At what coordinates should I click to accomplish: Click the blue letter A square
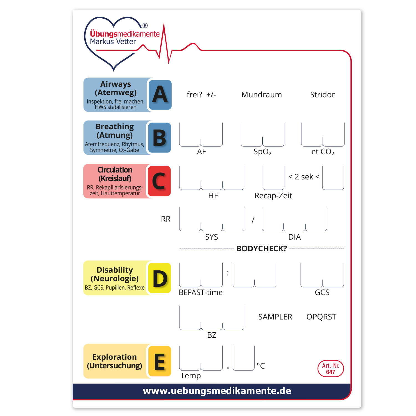tap(160, 95)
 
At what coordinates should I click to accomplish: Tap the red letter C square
tap(159, 181)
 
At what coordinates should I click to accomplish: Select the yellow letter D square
tap(159, 278)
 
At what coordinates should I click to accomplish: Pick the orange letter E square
tap(160, 361)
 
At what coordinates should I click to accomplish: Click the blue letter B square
tap(159, 138)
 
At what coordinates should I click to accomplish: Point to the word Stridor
tap(322, 95)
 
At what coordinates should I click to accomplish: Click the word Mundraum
tap(262, 95)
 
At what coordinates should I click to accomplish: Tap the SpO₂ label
tap(262, 152)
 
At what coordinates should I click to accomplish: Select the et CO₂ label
tap(323, 152)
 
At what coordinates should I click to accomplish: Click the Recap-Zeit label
tap(273, 196)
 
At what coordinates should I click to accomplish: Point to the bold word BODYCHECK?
tap(262, 248)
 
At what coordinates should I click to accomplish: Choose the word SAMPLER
tap(275, 317)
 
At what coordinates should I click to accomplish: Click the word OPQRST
tap(321, 317)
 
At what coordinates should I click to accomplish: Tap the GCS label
tap(322, 292)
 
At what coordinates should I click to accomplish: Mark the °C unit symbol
tap(261, 366)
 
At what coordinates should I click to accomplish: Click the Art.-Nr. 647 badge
tap(331, 369)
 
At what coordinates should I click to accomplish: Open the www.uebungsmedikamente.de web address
tap(217, 391)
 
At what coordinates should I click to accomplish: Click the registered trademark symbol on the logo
tap(145, 26)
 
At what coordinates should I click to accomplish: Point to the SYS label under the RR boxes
tap(212, 237)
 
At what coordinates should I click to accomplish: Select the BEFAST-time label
tap(201, 292)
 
